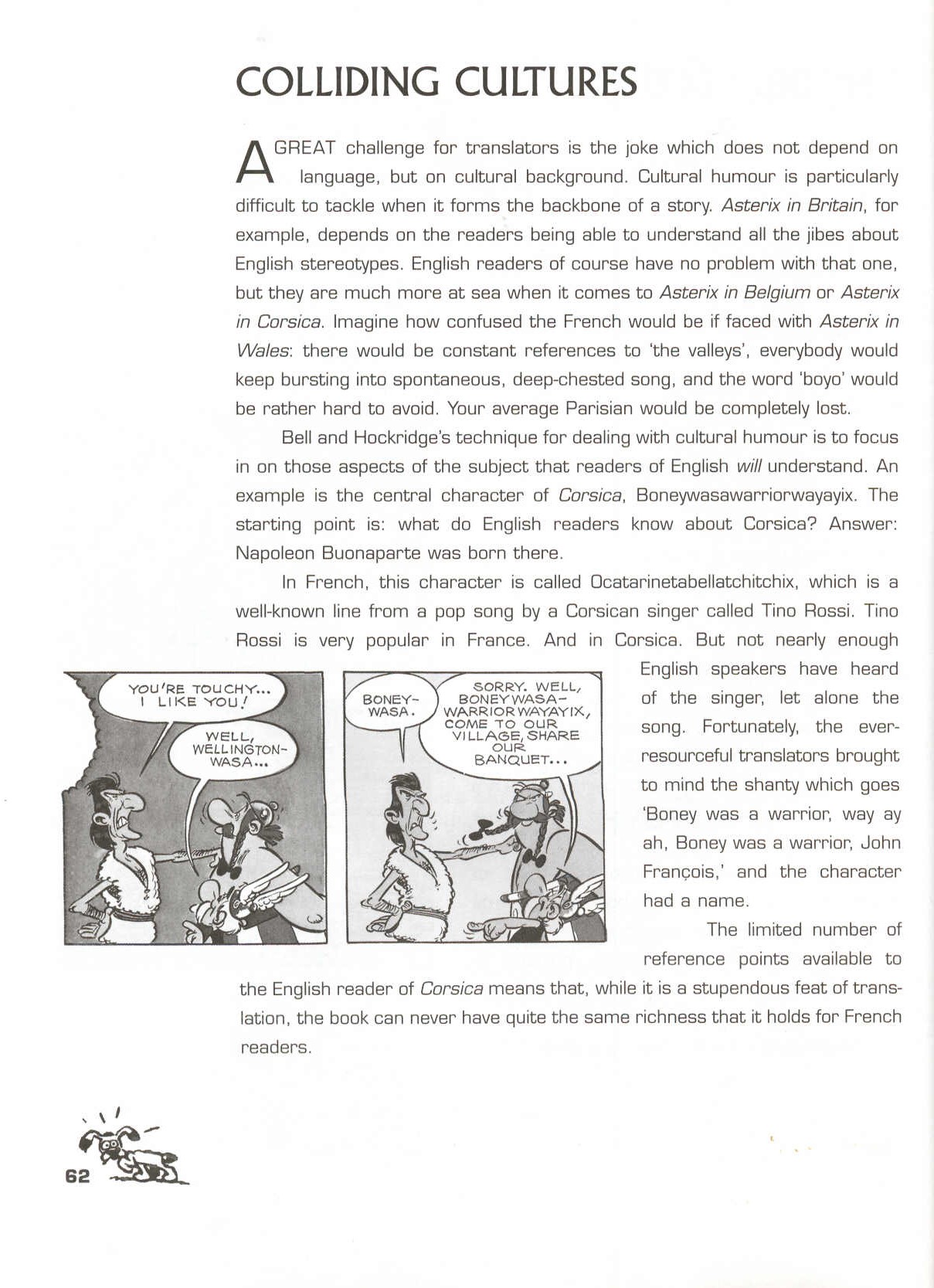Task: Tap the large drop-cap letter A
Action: tap(253, 161)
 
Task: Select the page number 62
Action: tap(77, 1176)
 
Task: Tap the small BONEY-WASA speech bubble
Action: tap(390, 705)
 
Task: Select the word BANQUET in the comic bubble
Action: tap(520, 760)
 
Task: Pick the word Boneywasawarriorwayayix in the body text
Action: tap(745, 495)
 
